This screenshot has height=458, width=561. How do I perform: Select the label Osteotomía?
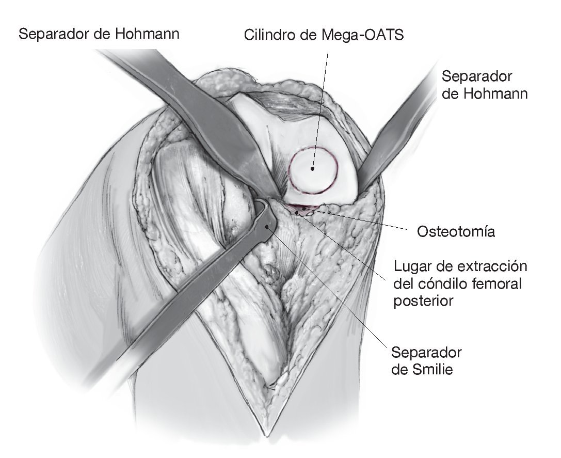pos(456,232)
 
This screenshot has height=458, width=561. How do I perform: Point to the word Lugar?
pos(411,267)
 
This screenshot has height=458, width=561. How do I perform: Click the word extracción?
pos(492,267)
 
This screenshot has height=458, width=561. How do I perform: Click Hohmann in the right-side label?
pos(485,94)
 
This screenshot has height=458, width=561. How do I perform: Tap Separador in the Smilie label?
pos(426,353)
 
